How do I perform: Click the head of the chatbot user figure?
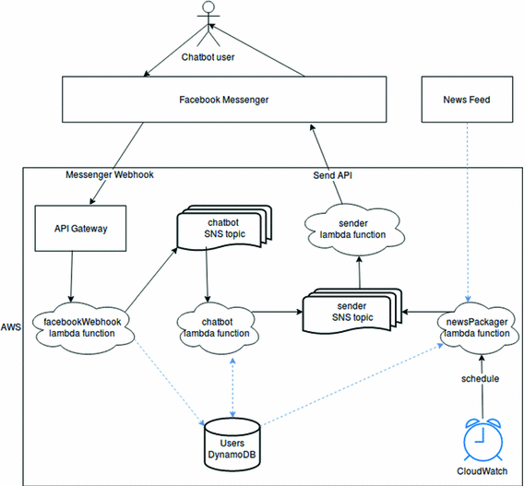point(208,6)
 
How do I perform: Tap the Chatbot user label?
point(208,57)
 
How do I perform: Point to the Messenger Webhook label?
point(110,174)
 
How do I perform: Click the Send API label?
point(332,175)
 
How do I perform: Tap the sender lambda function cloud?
point(353,229)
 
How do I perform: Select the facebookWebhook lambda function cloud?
point(82,327)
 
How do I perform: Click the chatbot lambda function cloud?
point(217,327)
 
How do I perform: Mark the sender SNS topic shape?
point(351,311)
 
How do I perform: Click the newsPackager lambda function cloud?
point(477,327)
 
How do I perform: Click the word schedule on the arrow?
point(481,379)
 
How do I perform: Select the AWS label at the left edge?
point(11,327)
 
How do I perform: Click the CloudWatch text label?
point(482,471)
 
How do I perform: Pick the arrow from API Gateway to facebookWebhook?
point(71,277)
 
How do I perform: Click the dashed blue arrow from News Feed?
point(468,212)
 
